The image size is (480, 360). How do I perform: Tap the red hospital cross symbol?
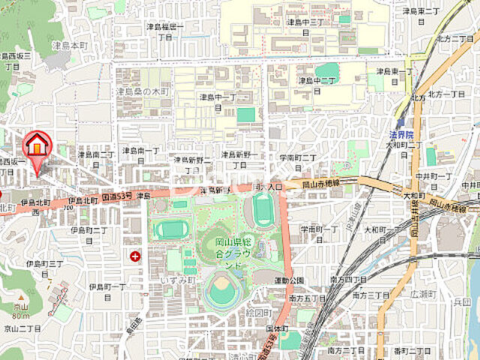(x=135, y=256)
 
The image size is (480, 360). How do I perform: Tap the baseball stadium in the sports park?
(x=223, y=289)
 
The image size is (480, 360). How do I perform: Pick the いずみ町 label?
(x=178, y=280)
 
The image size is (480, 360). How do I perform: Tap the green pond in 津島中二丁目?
(x=326, y=73)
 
